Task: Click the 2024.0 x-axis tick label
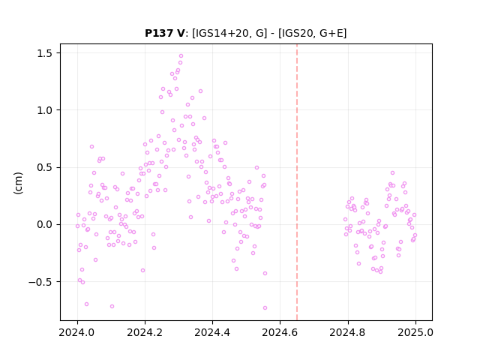[x=77, y=332]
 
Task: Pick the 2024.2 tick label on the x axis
[x=145, y=332]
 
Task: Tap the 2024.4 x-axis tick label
[x=212, y=332]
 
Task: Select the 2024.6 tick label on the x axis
[x=280, y=332]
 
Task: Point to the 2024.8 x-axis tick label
[x=348, y=332]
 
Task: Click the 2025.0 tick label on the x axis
[x=415, y=332]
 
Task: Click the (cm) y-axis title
[x=18, y=183]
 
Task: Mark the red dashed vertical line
[x=297, y=182]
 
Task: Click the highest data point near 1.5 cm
[x=181, y=56]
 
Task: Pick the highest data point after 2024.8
[x=392, y=173]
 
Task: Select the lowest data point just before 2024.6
[x=265, y=308]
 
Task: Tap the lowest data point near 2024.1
[x=112, y=307]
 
